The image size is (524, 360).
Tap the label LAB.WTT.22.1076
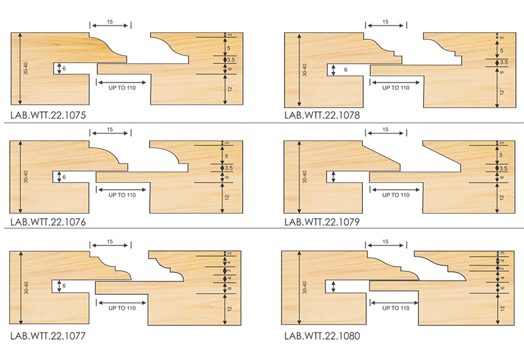(48, 222)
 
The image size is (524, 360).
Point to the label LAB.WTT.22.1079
(322, 222)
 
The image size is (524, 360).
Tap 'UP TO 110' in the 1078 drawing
(395, 87)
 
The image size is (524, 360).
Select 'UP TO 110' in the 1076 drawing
(121, 194)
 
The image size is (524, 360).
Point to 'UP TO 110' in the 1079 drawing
(395, 194)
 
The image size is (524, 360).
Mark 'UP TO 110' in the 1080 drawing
(395, 307)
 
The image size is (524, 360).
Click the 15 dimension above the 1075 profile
(110, 22)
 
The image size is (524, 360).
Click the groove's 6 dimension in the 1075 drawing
(65, 68)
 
